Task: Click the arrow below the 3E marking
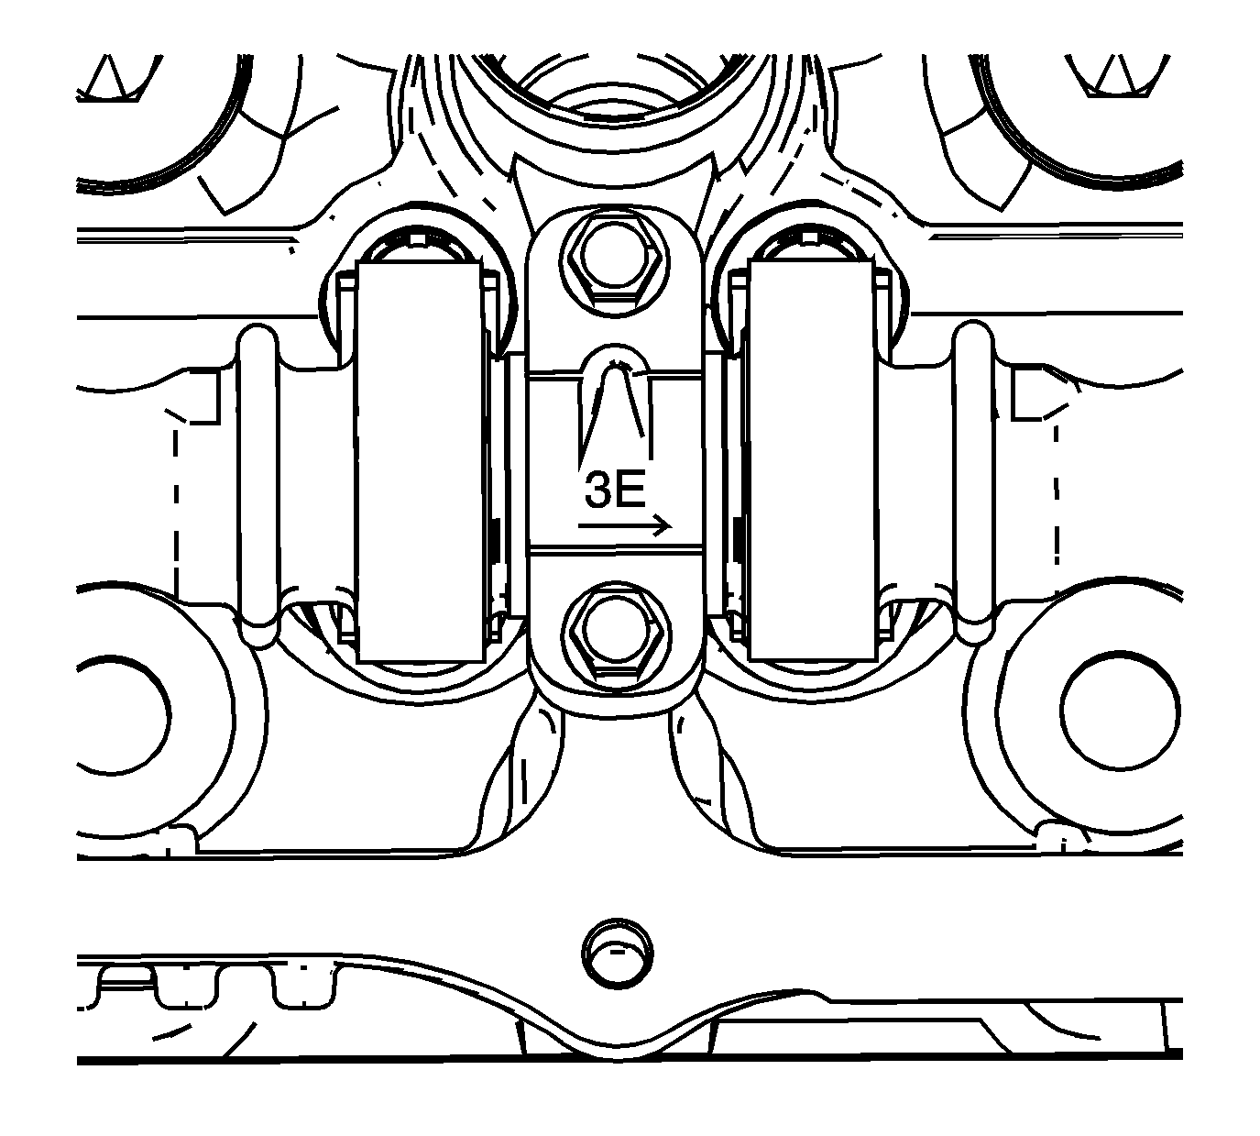click(625, 525)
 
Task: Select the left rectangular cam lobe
click(419, 461)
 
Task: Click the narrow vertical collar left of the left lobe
click(257, 484)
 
